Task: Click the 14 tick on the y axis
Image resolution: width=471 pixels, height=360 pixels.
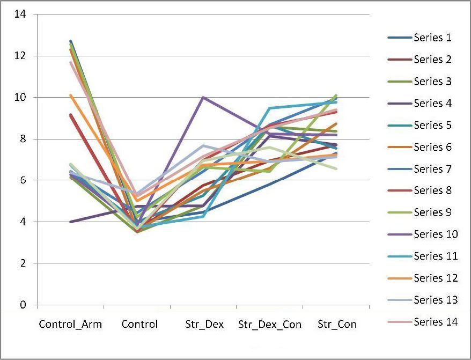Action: (x=20, y=14)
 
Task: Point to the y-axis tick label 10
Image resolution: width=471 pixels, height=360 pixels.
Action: (x=20, y=98)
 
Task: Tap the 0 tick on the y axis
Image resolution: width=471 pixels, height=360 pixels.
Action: (x=23, y=305)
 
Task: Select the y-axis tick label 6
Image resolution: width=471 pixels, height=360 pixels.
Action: (x=23, y=180)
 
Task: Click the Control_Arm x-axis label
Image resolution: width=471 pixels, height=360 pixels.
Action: (x=70, y=325)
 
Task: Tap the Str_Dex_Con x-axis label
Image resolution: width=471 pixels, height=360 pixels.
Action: (x=270, y=325)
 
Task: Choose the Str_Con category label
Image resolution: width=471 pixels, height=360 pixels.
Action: (x=337, y=325)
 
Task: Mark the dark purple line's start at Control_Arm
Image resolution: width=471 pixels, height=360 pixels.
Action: (x=70, y=222)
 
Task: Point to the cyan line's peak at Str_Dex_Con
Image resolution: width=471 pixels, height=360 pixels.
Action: (x=270, y=108)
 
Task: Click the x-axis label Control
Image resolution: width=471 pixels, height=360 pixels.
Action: (x=139, y=325)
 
